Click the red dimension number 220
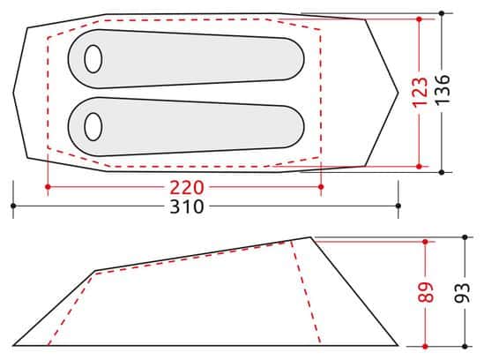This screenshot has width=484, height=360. point(187,187)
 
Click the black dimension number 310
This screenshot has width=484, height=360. point(187,206)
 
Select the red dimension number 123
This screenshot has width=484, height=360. point(421,92)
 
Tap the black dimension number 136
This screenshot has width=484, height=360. point(443,90)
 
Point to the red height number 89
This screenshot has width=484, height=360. point(426,292)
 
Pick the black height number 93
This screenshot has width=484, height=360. point(462,293)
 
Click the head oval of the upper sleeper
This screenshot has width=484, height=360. point(93,59)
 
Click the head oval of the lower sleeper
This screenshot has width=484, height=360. point(93,126)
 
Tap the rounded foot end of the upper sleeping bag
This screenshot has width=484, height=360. point(294,59)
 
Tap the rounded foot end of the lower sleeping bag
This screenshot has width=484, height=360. point(294,127)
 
